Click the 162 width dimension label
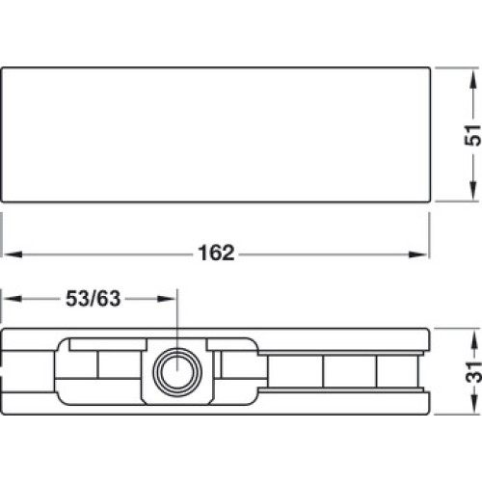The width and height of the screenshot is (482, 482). pos(216,253)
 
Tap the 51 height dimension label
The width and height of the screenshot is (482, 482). pos(473,135)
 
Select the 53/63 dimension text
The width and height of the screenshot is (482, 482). pos(93,299)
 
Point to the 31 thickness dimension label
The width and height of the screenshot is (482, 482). pos(473,371)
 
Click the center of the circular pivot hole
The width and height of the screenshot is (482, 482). pos(177,372)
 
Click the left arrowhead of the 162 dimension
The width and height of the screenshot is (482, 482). pos(13,254)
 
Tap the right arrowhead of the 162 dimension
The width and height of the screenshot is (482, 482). pos(418,254)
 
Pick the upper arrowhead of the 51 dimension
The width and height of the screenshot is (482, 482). pos(472,79)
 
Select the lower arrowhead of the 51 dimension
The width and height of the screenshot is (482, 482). pos(472,190)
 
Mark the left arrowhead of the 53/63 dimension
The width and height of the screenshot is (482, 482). pos(13,299)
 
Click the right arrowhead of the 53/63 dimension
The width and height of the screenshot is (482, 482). pos(167,299)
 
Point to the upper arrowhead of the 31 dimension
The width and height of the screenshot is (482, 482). pos(472,339)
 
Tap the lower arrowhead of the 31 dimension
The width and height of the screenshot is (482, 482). pos(472,404)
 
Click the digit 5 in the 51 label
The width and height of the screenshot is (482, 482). pos(473,140)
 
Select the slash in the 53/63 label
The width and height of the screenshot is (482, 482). pos(93,299)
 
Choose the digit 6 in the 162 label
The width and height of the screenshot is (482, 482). pos(216,253)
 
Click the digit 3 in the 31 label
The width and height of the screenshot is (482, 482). pos(473,377)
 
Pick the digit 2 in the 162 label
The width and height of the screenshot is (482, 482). pos(228,253)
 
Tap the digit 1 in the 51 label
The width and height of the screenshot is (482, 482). pos(473,129)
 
